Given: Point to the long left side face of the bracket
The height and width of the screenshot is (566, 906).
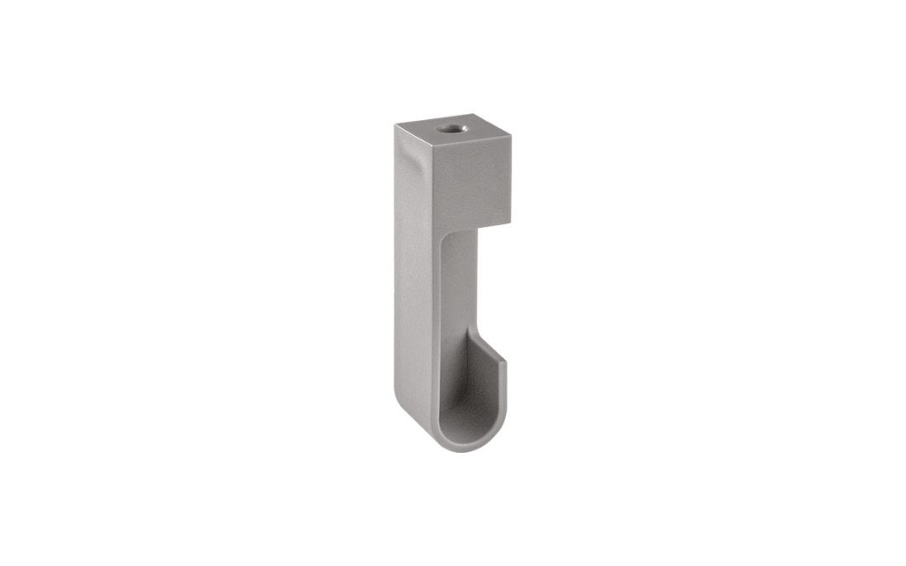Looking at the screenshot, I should click(414, 277).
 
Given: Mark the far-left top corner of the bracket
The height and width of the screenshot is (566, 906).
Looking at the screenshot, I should click(395, 125).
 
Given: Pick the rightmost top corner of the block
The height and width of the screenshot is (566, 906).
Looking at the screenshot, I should click(510, 136).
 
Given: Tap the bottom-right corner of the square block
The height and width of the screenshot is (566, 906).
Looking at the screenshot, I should click(509, 226).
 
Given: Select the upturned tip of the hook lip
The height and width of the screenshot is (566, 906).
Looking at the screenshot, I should click(505, 366).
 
